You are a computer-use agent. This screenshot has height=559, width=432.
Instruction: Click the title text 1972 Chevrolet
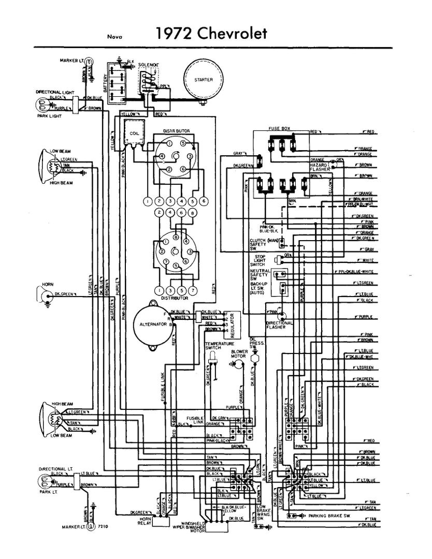tap(211, 34)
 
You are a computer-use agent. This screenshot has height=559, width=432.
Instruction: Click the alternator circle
tap(154, 323)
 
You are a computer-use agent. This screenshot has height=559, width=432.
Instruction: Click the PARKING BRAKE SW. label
tap(330, 516)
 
